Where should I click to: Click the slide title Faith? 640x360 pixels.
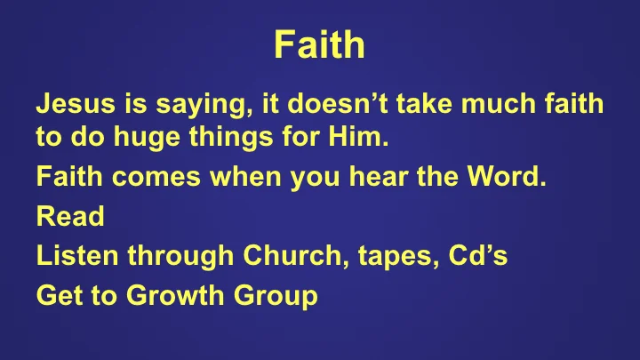(x=319, y=44)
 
